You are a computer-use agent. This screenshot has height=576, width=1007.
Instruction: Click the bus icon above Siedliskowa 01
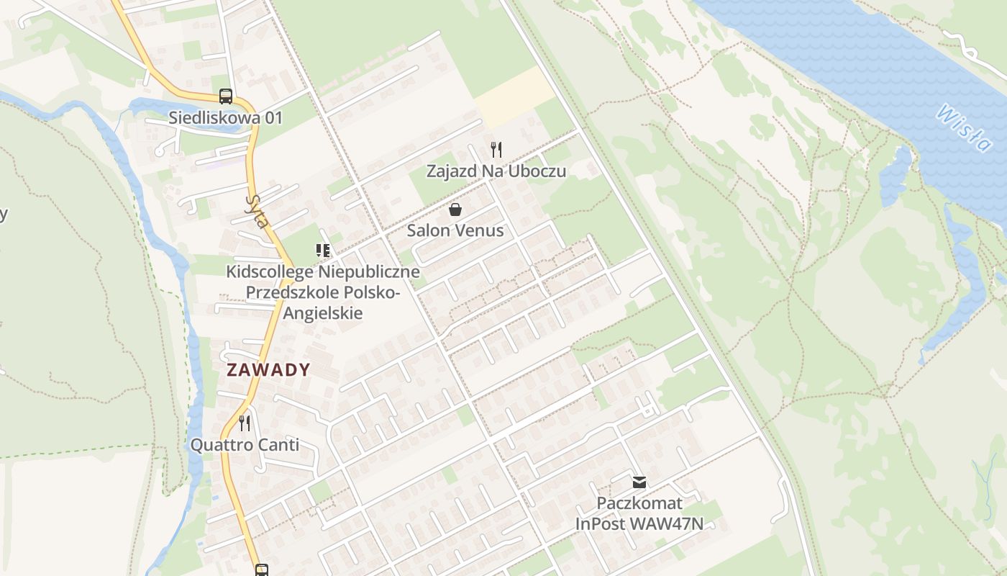[x=225, y=96]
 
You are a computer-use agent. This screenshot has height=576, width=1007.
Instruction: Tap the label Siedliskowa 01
[x=225, y=117]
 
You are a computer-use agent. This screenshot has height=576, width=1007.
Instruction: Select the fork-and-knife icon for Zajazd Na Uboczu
[x=496, y=150]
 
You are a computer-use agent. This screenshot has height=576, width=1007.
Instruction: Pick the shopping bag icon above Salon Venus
[x=455, y=210]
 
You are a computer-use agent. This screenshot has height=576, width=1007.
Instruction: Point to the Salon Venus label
[x=455, y=230]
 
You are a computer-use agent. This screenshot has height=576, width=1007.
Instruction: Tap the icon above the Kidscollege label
[x=322, y=251]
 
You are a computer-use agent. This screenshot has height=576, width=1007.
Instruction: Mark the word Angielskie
[x=322, y=313]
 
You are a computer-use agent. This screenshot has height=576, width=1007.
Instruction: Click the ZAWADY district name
[x=268, y=370]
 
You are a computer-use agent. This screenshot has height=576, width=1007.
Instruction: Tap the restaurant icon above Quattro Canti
[x=245, y=423]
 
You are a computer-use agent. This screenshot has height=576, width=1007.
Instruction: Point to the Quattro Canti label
[x=245, y=445]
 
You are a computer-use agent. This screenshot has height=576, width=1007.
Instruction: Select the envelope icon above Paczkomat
[x=639, y=482]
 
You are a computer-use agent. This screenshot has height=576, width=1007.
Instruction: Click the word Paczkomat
[x=639, y=503]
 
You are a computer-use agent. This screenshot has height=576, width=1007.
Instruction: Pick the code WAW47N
[x=666, y=523]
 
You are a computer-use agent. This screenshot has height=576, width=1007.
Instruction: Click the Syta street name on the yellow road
[x=257, y=210]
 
